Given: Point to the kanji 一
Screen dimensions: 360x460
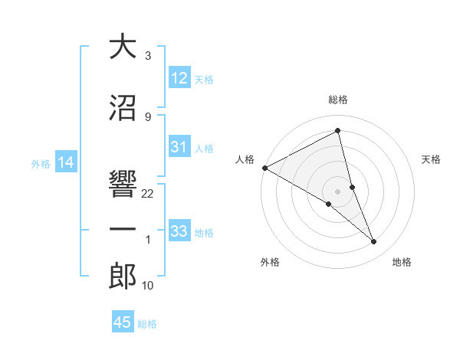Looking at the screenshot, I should (123, 229).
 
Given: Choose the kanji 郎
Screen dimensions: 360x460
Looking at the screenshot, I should (123, 275).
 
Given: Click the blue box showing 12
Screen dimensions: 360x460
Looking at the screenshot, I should (179, 78).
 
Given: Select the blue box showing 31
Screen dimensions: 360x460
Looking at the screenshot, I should (179, 147).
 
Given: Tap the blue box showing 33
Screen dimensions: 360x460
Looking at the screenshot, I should (179, 231).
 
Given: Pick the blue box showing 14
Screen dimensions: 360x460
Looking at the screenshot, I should (65, 162).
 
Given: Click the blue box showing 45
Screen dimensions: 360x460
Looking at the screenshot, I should (123, 322).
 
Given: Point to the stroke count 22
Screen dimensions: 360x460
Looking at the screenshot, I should (148, 194).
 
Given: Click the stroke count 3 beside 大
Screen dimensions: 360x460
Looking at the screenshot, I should (147, 56).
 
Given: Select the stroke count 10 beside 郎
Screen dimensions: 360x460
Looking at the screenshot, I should (148, 286).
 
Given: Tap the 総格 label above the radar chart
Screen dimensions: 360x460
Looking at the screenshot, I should (337, 100).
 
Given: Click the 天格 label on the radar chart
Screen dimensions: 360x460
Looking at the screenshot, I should (432, 159).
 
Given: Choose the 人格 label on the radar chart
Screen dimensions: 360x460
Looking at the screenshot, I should (245, 159).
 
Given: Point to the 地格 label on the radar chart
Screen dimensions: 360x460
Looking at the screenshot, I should (402, 262).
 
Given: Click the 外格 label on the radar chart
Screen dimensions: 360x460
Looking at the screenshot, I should (270, 262).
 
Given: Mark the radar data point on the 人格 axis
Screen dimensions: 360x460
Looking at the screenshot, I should (264, 168).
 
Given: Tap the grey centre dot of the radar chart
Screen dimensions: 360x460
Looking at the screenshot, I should (337, 191).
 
